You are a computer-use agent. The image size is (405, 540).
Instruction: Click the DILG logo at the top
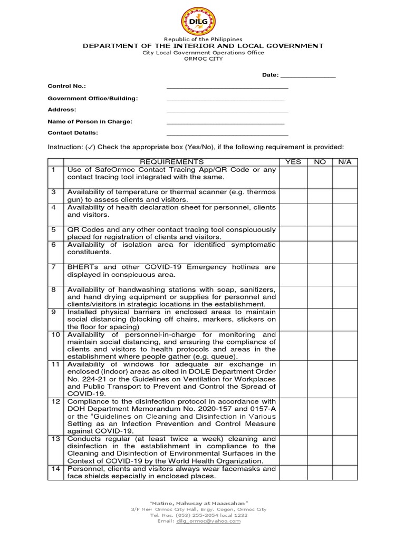click(x=202, y=18)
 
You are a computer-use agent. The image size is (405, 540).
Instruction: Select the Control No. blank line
click(x=227, y=87)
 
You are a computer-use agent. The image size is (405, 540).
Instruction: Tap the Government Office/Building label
click(x=93, y=98)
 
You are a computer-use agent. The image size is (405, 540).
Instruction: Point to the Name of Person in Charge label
click(x=90, y=121)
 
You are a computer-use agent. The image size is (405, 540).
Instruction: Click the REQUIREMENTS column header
click(x=171, y=161)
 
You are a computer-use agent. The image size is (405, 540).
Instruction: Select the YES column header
click(x=293, y=161)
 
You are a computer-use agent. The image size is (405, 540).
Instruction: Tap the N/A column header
click(x=345, y=161)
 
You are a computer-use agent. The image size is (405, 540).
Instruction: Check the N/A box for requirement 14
click(x=345, y=472)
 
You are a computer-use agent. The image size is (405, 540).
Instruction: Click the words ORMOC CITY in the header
click(x=202, y=59)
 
